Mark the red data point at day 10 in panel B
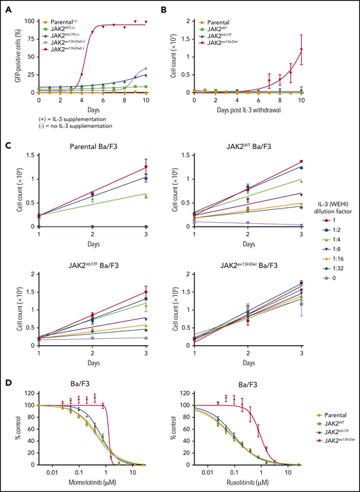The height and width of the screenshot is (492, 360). point(340,49)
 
